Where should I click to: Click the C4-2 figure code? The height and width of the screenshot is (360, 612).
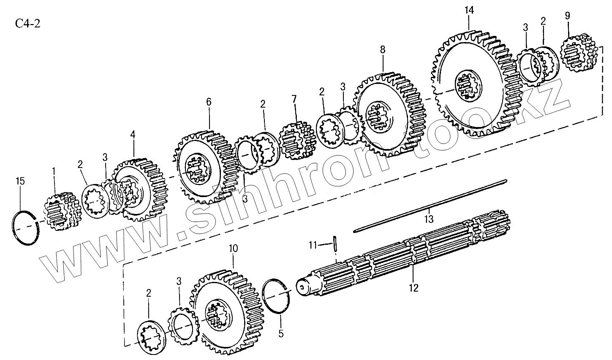pyautogui.click(x=28, y=24)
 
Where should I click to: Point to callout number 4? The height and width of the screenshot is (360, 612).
pyautogui.click(x=133, y=135)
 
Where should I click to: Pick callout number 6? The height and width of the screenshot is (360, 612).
pyautogui.click(x=209, y=102)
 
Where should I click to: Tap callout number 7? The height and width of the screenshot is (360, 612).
pyautogui.click(x=294, y=100)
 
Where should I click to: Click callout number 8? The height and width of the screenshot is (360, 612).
pyautogui.click(x=383, y=49)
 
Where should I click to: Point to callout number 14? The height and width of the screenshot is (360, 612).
pyautogui.click(x=470, y=9)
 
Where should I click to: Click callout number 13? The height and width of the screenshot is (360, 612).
pyautogui.click(x=429, y=219)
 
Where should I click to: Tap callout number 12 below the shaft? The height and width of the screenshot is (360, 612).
pyautogui.click(x=413, y=288)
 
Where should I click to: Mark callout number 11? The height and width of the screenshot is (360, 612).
pyautogui.click(x=313, y=244)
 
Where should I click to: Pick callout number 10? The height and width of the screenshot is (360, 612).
pyautogui.click(x=233, y=248)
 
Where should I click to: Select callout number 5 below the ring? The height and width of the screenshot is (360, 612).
pyautogui.click(x=281, y=333)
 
